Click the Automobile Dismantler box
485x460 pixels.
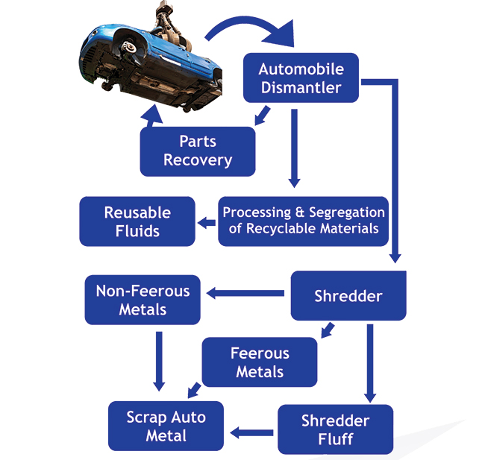coord(300,78)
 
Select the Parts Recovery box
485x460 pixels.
coord(198,150)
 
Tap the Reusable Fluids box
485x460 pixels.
coord(137,221)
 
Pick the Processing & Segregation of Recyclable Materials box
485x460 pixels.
coord(304,221)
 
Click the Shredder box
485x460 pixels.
coord(348,296)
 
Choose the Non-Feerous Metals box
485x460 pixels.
coord(143,300)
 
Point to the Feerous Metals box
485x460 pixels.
coord(260,362)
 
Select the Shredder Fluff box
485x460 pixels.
coord(335,429)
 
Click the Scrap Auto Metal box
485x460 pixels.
coord(166,426)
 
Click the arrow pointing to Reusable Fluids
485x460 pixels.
coord(206,221)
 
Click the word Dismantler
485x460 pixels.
coord(301,87)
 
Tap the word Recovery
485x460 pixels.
coord(198,160)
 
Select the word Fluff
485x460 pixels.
coord(335,439)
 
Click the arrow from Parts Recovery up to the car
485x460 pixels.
coord(153,116)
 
